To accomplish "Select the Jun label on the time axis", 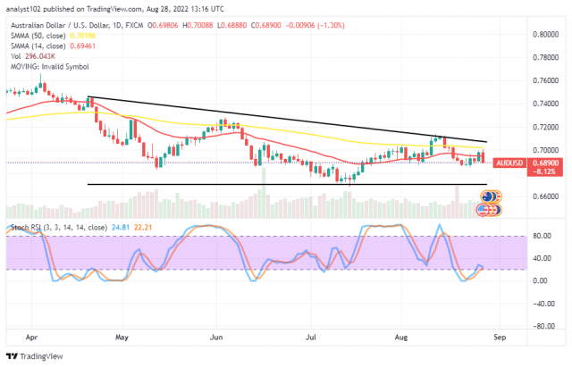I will tap(214, 338).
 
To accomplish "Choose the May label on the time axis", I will tap(122, 338).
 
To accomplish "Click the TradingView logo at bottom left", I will tap(36, 356).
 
